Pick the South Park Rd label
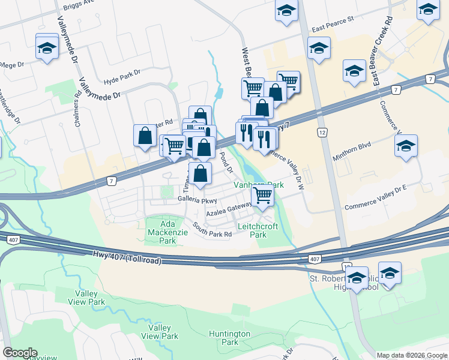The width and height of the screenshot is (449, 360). (212, 230)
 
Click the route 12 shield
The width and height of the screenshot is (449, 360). (322, 131)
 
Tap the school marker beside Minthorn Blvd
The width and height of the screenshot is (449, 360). (406, 146)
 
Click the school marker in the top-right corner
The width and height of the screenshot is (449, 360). (428, 10)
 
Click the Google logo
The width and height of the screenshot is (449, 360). (20, 353)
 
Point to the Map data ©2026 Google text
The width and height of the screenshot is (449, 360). (412, 355)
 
